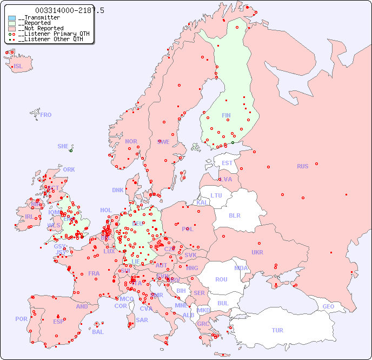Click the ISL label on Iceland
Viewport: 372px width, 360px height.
[x=18, y=67]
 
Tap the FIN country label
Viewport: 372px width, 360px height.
[x=226, y=115]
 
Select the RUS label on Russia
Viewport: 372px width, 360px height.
[x=302, y=166]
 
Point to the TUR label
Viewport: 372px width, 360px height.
[x=277, y=330]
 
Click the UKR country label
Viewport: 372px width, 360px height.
[x=257, y=252]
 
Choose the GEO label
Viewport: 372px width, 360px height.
[x=328, y=306]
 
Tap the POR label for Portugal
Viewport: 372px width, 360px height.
[x=21, y=319]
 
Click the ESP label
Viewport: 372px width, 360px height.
[x=58, y=321]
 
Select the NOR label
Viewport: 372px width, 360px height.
[x=131, y=141]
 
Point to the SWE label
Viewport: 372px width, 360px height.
[x=163, y=142]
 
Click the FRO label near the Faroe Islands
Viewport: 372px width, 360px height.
[x=46, y=115]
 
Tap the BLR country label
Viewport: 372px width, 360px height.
[x=234, y=215]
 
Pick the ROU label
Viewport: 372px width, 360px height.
[x=221, y=279]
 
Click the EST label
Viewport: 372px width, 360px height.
[x=227, y=163]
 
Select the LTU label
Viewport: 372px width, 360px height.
[x=216, y=195]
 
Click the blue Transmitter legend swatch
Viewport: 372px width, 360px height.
[x=12, y=18]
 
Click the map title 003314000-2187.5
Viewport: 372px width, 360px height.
[x=70, y=10]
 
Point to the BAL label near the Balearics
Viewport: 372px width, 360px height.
[x=98, y=332]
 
